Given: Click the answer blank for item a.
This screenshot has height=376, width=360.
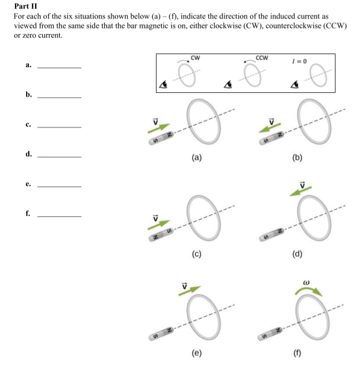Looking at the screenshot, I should tap(60, 68).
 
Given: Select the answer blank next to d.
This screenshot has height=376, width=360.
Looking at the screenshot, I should tap(60, 156).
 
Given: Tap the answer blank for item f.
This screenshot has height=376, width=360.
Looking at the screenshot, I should tap(60, 216).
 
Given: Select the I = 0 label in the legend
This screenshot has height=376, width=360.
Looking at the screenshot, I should tap(302, 61).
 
